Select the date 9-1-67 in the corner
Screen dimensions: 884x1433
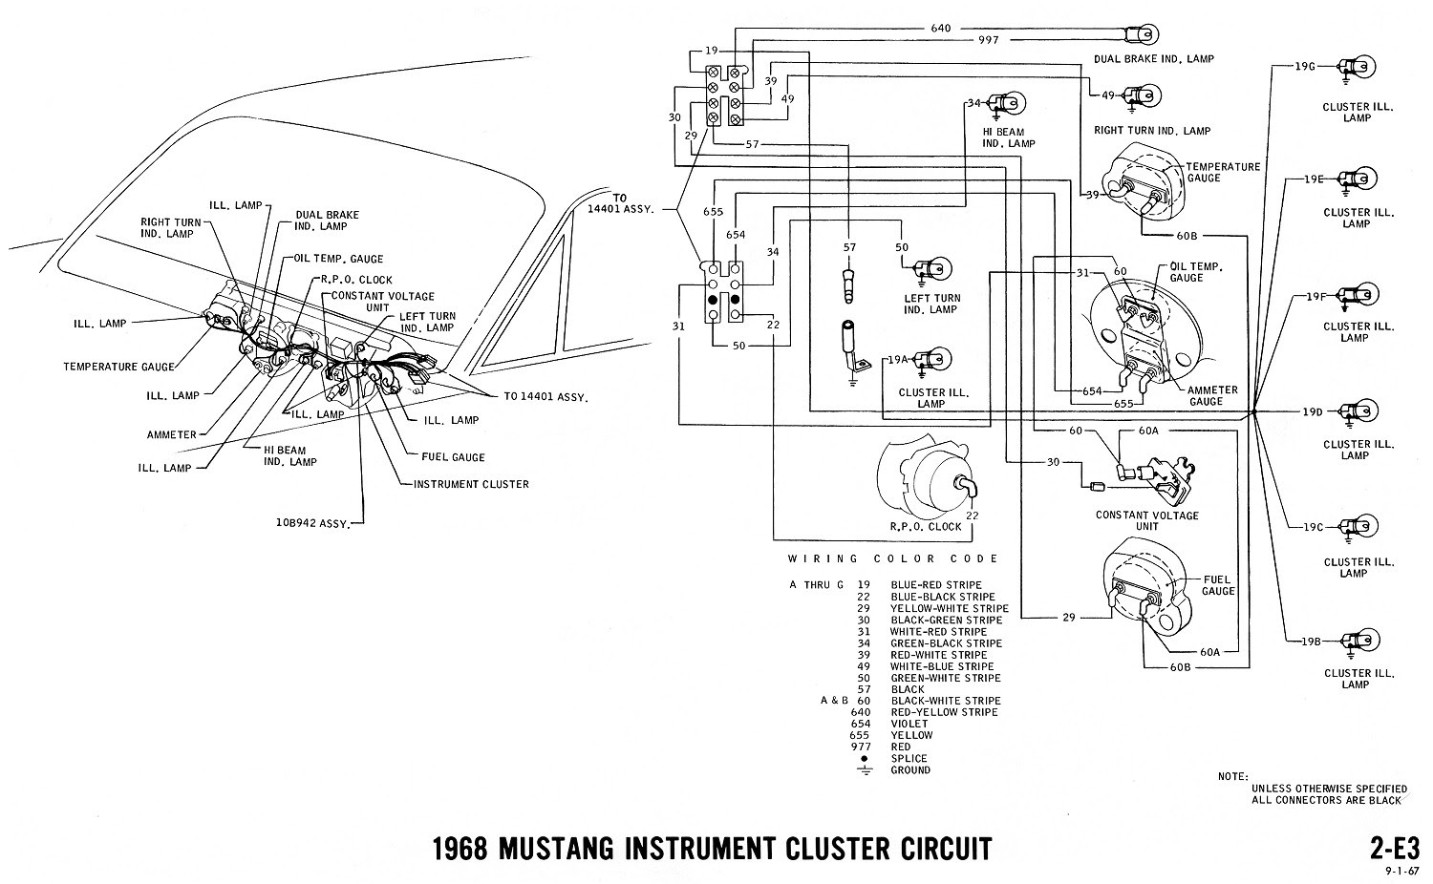[x=1401, y=871]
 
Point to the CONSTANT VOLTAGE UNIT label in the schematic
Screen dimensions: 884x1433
[x=1146, y=520]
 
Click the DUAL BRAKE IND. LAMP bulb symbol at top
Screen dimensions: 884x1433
[x=1137, y=35]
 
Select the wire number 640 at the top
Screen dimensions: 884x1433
[x=941, y=28]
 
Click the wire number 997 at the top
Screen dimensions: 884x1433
[x=988, y=41]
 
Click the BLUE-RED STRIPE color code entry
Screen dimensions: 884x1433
[x=935, y=585]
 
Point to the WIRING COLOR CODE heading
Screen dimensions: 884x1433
[x=892, y=558]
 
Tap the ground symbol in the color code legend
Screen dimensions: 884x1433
[x=865, y=769]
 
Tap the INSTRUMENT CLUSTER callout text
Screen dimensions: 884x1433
[x=471, y=484]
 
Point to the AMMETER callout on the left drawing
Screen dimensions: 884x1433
[x=172, y=434]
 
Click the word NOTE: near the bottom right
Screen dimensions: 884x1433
[x=1233, y=777]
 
